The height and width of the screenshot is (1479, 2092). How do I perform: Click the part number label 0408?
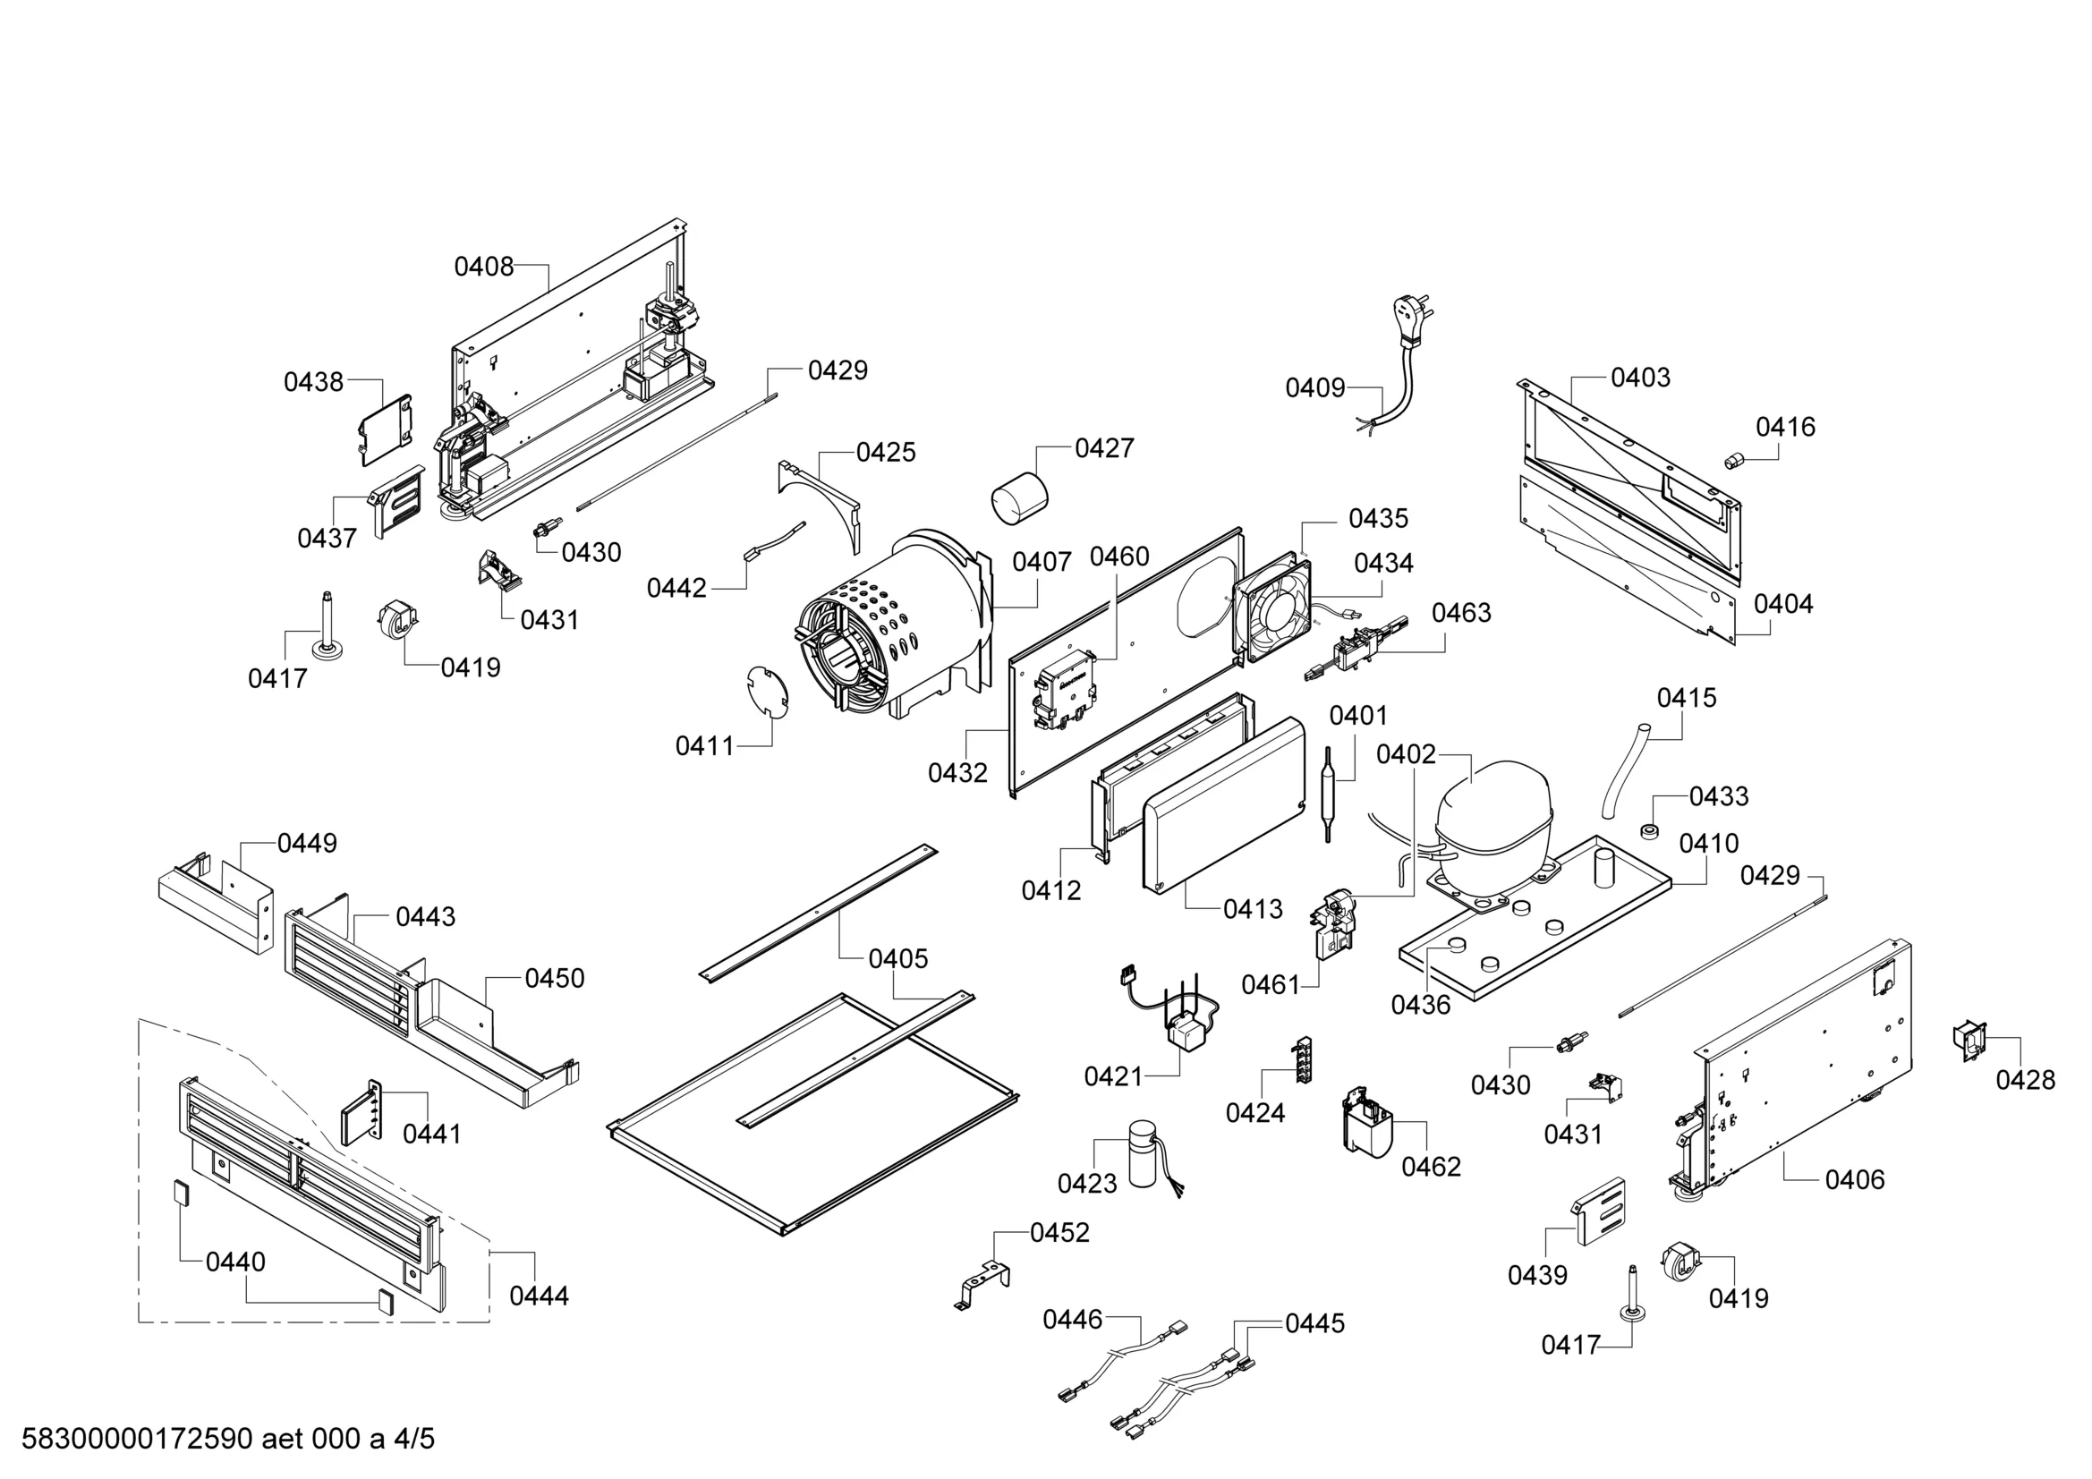[484, 267]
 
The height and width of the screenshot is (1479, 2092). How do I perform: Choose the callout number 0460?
[1118, 557]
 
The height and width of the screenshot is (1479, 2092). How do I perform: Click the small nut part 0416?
[1732, 461]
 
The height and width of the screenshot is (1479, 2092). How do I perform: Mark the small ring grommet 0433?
[1648, 832]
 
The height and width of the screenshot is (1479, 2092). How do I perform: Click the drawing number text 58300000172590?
[137, 1440]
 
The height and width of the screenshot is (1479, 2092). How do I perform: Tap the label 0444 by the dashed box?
[539, 1296]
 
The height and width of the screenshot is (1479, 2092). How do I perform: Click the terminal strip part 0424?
[1303, 1058]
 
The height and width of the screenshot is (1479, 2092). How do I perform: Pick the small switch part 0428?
[1969, 1041]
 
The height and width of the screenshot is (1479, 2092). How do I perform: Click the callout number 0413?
[1253, 909]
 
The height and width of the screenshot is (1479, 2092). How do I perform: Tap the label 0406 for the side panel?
[1854, 1180]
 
